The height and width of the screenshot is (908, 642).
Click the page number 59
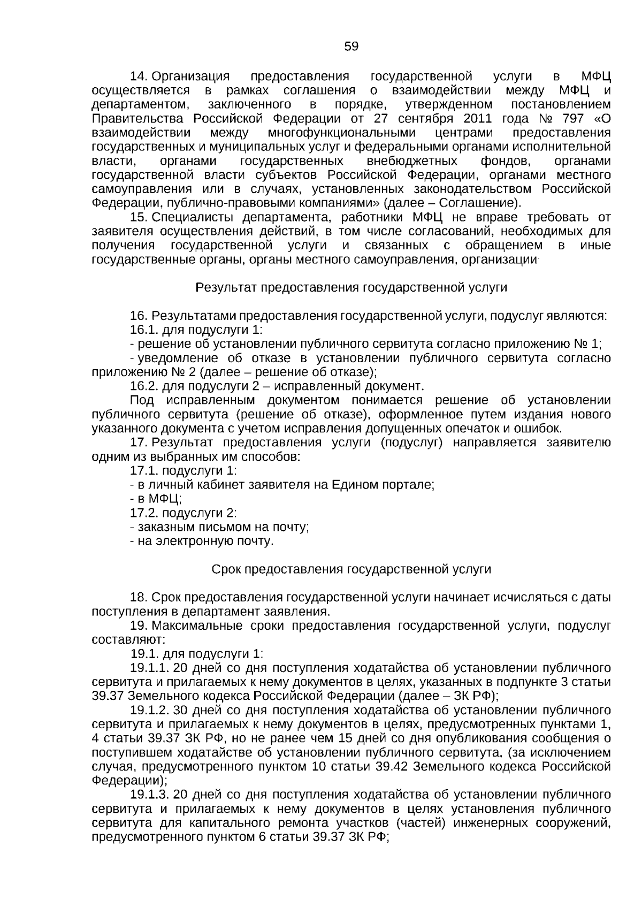click(351, 47)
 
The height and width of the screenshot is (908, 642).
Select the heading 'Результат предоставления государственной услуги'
click(351, 287)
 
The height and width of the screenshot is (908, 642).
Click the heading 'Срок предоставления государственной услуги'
click(351, 569)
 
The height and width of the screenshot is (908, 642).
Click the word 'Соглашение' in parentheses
click(485, 203)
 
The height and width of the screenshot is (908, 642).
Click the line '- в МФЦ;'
click(156, 499)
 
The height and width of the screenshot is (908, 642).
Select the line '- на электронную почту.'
click(202, 541)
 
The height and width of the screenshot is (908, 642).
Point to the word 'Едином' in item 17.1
click(354, 485)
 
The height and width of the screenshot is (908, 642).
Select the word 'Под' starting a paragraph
click(143, 400)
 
